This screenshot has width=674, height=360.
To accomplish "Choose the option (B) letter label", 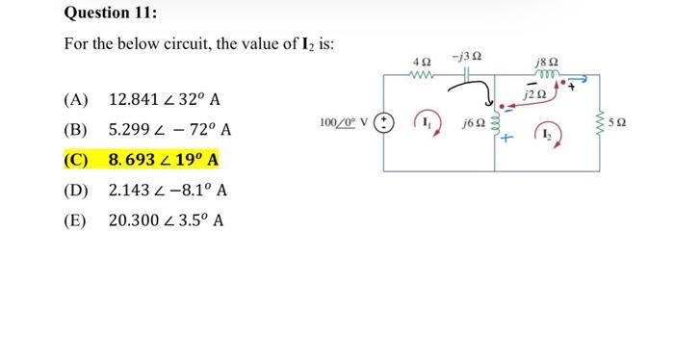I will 75,129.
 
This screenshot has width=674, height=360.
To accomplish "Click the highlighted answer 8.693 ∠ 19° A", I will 164,159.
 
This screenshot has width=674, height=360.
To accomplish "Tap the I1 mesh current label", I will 427,123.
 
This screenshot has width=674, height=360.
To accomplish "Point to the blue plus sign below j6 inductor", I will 503,144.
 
